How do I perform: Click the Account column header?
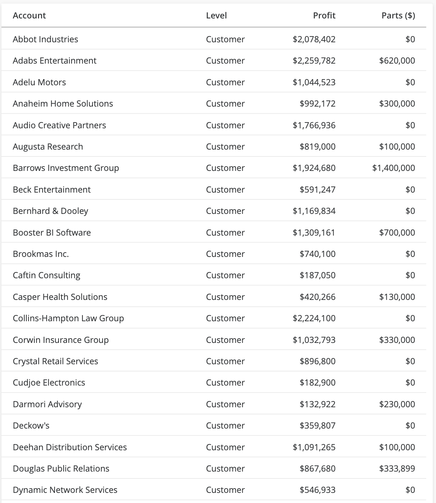point(29,16)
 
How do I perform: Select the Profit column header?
point(324,16)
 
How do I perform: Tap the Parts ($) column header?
point(398,16)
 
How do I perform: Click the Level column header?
point(216,16)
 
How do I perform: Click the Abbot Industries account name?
point(45,39)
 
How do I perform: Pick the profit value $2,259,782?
point(314,60)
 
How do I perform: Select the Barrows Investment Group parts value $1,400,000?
point(393,168)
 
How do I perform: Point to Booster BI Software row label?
point(52,232)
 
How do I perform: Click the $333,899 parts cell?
point(397,469)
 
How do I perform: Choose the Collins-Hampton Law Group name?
point(68,318)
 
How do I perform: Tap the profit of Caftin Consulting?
point(317,275)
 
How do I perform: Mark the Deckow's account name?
point(31,426)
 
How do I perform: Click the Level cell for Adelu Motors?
point(225,82)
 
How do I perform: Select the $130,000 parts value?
point(397,297)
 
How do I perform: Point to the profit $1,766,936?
point(314,125)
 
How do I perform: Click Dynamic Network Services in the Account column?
point(65,490)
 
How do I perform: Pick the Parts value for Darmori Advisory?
point(397,404)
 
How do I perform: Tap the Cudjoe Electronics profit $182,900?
point(317,383)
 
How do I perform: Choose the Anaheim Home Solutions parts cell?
point(397,104)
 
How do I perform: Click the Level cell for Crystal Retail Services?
point(225,361)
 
